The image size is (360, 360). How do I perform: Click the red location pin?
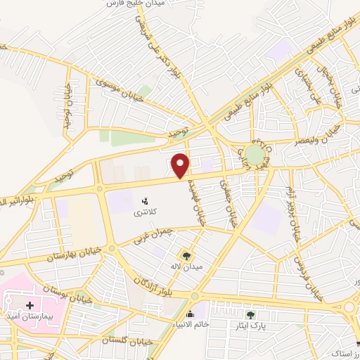[x=181, y=165]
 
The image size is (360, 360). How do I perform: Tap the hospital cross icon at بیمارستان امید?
[x=30, y=305]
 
